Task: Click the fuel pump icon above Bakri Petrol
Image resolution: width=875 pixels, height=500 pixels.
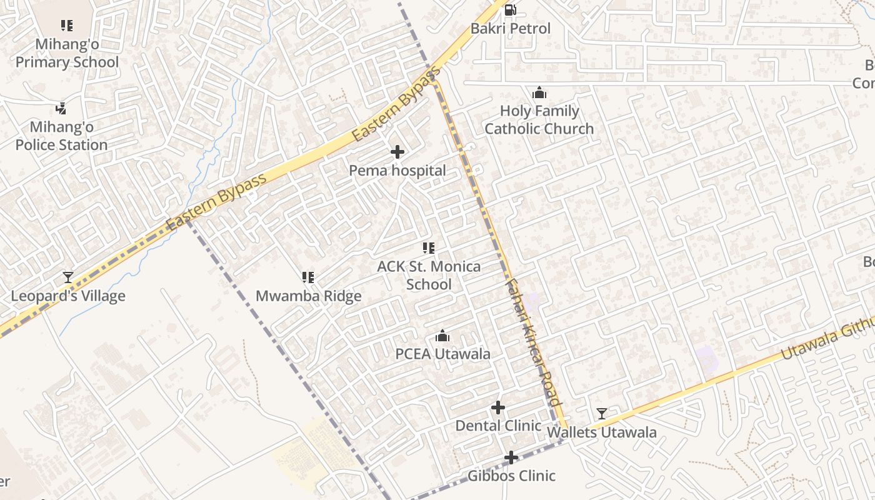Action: click(x=511, y=9)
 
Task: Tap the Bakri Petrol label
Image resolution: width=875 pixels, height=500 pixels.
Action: click(x=511, y=29)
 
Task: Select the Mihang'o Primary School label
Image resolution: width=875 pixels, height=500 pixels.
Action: click(x=67, y=53)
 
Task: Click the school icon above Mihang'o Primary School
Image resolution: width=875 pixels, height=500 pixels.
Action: click(x=67, y=26)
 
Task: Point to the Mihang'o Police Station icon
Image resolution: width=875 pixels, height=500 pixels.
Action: click(x=61, y=109)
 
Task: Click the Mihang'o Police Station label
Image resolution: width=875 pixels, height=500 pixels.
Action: click(x=61, y=136)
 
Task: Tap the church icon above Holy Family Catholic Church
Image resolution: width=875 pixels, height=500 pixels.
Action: click(x=539, y=93)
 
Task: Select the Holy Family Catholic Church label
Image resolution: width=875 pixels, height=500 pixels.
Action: click(x=539, y=120)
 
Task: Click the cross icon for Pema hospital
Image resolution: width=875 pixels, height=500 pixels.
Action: click(x=397, y=152)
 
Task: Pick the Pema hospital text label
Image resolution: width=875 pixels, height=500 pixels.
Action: click(x=397, y=171)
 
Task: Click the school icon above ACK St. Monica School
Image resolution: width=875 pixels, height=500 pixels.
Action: click(x=428, y=248)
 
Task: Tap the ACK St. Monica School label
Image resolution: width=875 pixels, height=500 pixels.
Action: click(x=429, y=276)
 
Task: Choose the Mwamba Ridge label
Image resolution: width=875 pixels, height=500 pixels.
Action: click(x=309, y=296)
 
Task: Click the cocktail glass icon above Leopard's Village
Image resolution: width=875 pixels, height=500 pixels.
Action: click(x=68, y=277)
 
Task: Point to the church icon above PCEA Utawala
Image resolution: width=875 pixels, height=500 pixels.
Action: click(x=442, y=336)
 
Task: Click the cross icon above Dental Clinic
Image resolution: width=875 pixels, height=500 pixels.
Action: click(x=498, y=408)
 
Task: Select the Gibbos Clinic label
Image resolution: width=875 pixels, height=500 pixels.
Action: click(x=511, y=476)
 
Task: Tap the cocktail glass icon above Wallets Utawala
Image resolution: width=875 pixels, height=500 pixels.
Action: click(x=601, y=414)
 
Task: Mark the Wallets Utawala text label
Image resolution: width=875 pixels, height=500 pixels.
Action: click(x=602, y=432)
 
